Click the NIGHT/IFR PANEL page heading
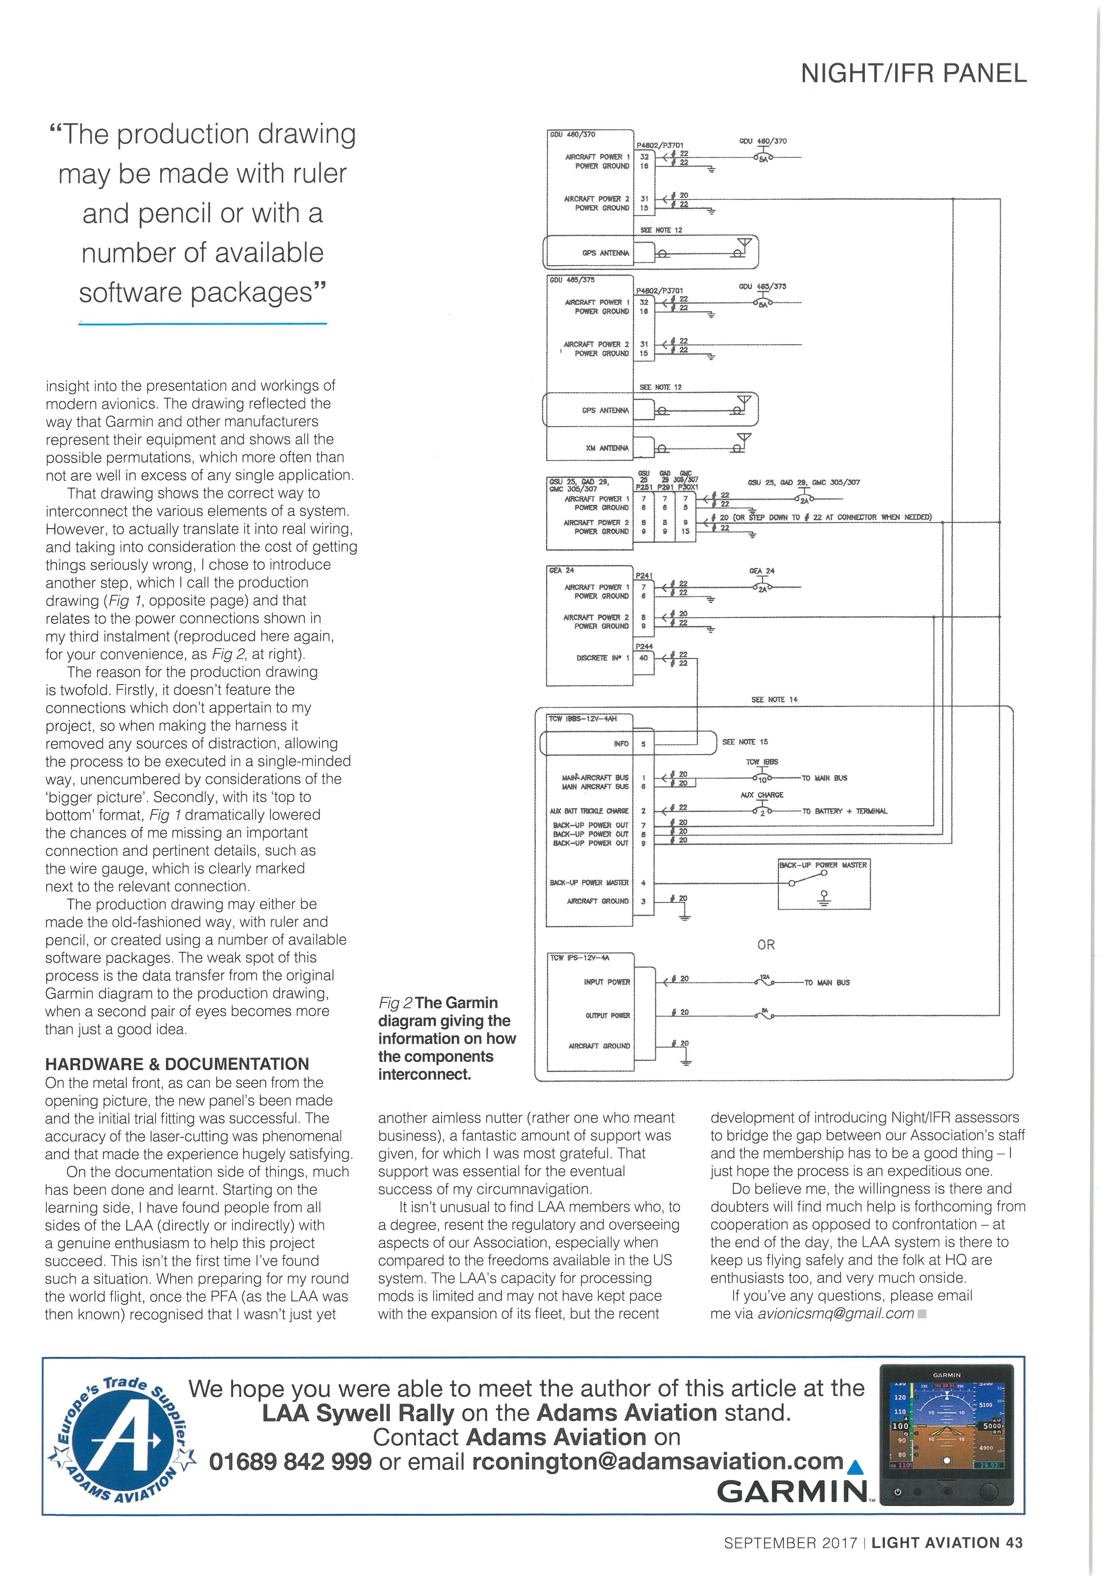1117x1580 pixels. click(913, 73)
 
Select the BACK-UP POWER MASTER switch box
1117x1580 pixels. click(823, 884)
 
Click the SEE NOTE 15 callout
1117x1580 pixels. click(745, 742)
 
